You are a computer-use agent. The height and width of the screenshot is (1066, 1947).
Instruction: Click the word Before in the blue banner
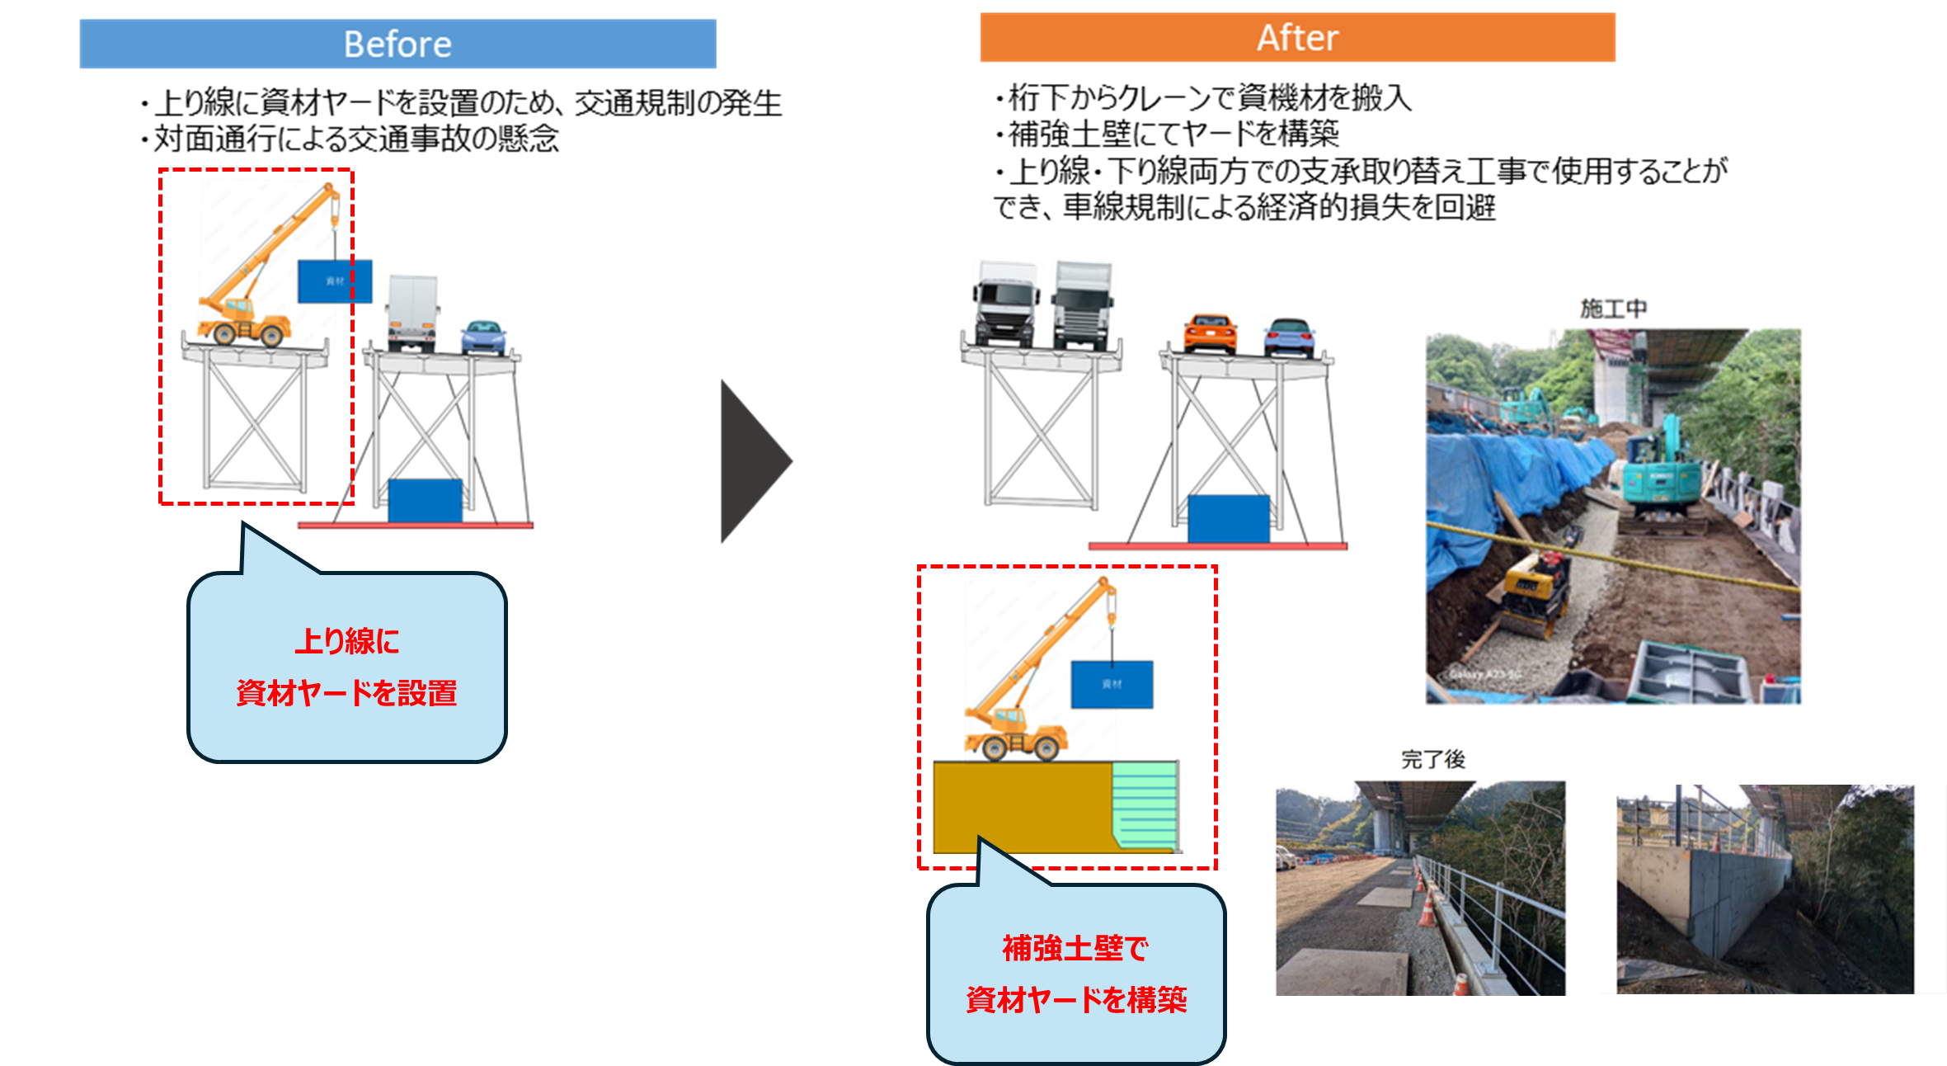(x=397, y=44)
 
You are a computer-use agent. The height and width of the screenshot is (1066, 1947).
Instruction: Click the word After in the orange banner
(x=1297, y=38)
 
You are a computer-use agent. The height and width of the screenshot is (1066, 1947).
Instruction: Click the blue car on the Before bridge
(x=483, y=337)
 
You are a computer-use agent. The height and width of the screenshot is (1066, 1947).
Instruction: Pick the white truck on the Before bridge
(x=412, y=313)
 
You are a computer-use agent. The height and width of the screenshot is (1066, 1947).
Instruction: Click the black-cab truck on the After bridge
(x=1006, y=304)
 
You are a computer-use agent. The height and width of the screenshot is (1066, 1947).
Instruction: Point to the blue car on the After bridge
(x=1290, y=336)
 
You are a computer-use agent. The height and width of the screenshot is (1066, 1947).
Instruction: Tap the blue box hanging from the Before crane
(x=334, y=281)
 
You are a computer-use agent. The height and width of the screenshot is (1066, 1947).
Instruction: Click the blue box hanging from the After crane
(x=1112, y=684)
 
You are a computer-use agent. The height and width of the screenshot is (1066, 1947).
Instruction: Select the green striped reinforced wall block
(x=1145, y=804)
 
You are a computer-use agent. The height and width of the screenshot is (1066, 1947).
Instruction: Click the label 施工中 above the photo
(x=1613, y=309)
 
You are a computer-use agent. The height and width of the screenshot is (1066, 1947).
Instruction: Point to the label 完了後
(x=1432, y=759)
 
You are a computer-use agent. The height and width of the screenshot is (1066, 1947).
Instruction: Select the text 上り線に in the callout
(x=347, y=641)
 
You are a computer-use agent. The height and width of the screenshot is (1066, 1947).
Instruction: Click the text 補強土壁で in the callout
(x=1075, y=948)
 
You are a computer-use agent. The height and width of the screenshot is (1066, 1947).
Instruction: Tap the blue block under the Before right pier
(x=425, y=500)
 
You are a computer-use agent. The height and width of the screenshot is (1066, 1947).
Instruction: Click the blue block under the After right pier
(x=1228, y=518)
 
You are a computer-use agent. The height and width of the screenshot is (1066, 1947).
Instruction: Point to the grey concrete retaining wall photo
(x=1765, y=891)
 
